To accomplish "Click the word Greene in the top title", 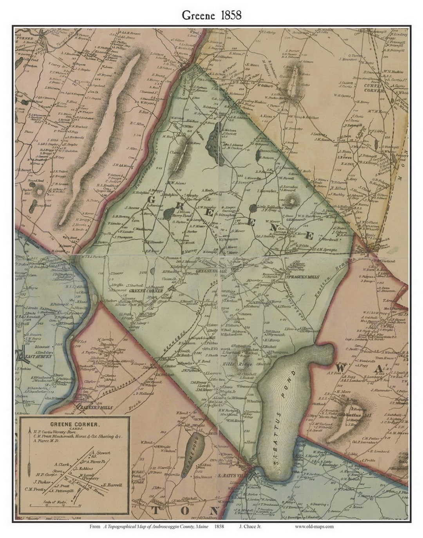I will pyautogui.click(x=198, y=15).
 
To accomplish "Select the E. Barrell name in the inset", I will pyautogui.click(x=112, y=485).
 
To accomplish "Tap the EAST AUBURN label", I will pyautogui.click(x=33, y=357).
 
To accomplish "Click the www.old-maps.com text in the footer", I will pyautogui.click(x=314, y=526).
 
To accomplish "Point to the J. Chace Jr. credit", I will pyautogui.click(x=250, y=526).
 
